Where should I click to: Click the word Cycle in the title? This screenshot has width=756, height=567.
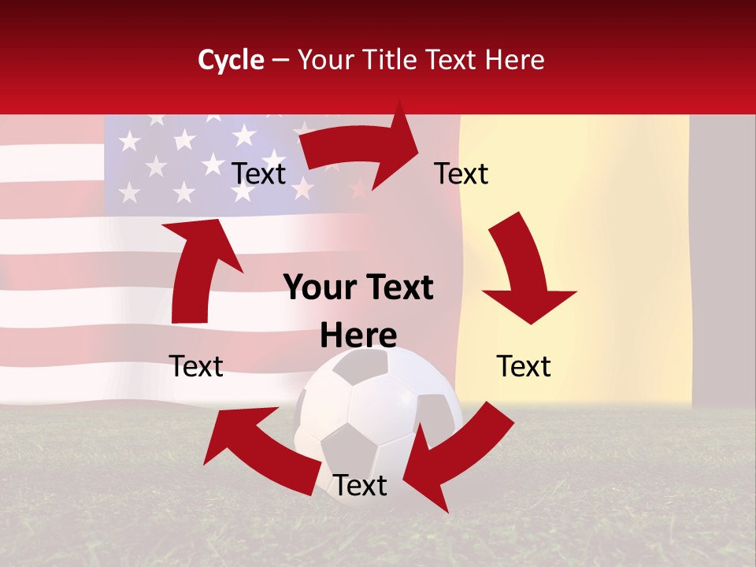coord(231,60)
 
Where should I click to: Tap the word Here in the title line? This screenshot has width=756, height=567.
coord(514,60)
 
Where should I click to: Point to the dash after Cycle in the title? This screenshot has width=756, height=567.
coord(280,61)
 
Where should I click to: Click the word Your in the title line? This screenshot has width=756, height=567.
coord(325,60)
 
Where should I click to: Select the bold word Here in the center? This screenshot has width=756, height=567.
coord(358,336)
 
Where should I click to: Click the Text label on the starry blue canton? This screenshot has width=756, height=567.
coord(258,174)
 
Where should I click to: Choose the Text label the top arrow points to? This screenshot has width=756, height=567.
coord(461,174)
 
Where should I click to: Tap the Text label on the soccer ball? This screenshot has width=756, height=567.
coord(360,486)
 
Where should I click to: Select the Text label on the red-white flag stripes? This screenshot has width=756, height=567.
coord(196,366)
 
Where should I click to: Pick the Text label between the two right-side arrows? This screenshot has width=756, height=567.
coord(524,366)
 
